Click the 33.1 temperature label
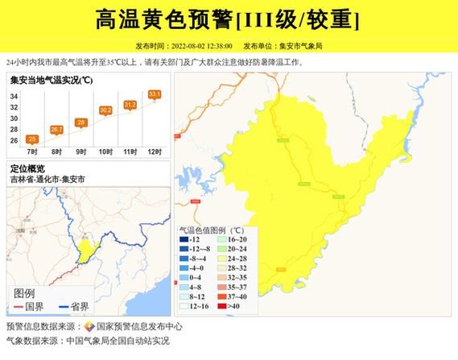(x=155, y=94)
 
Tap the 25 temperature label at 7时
(x=32, y=139)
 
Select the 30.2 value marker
(x=105, y=110)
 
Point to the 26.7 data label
(x=56, y=129)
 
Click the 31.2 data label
(x=130, y=105)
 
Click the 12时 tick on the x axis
(x=155, y=151)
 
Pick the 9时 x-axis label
(x=81, y=151)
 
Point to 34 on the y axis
(x=14, y=96)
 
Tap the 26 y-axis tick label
(x=14, y=140)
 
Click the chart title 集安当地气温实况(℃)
(x=52, y=80)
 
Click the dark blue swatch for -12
(x=184, y=239)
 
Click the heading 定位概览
(x=28, y=169)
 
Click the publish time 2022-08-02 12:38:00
(x=201, y=46)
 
